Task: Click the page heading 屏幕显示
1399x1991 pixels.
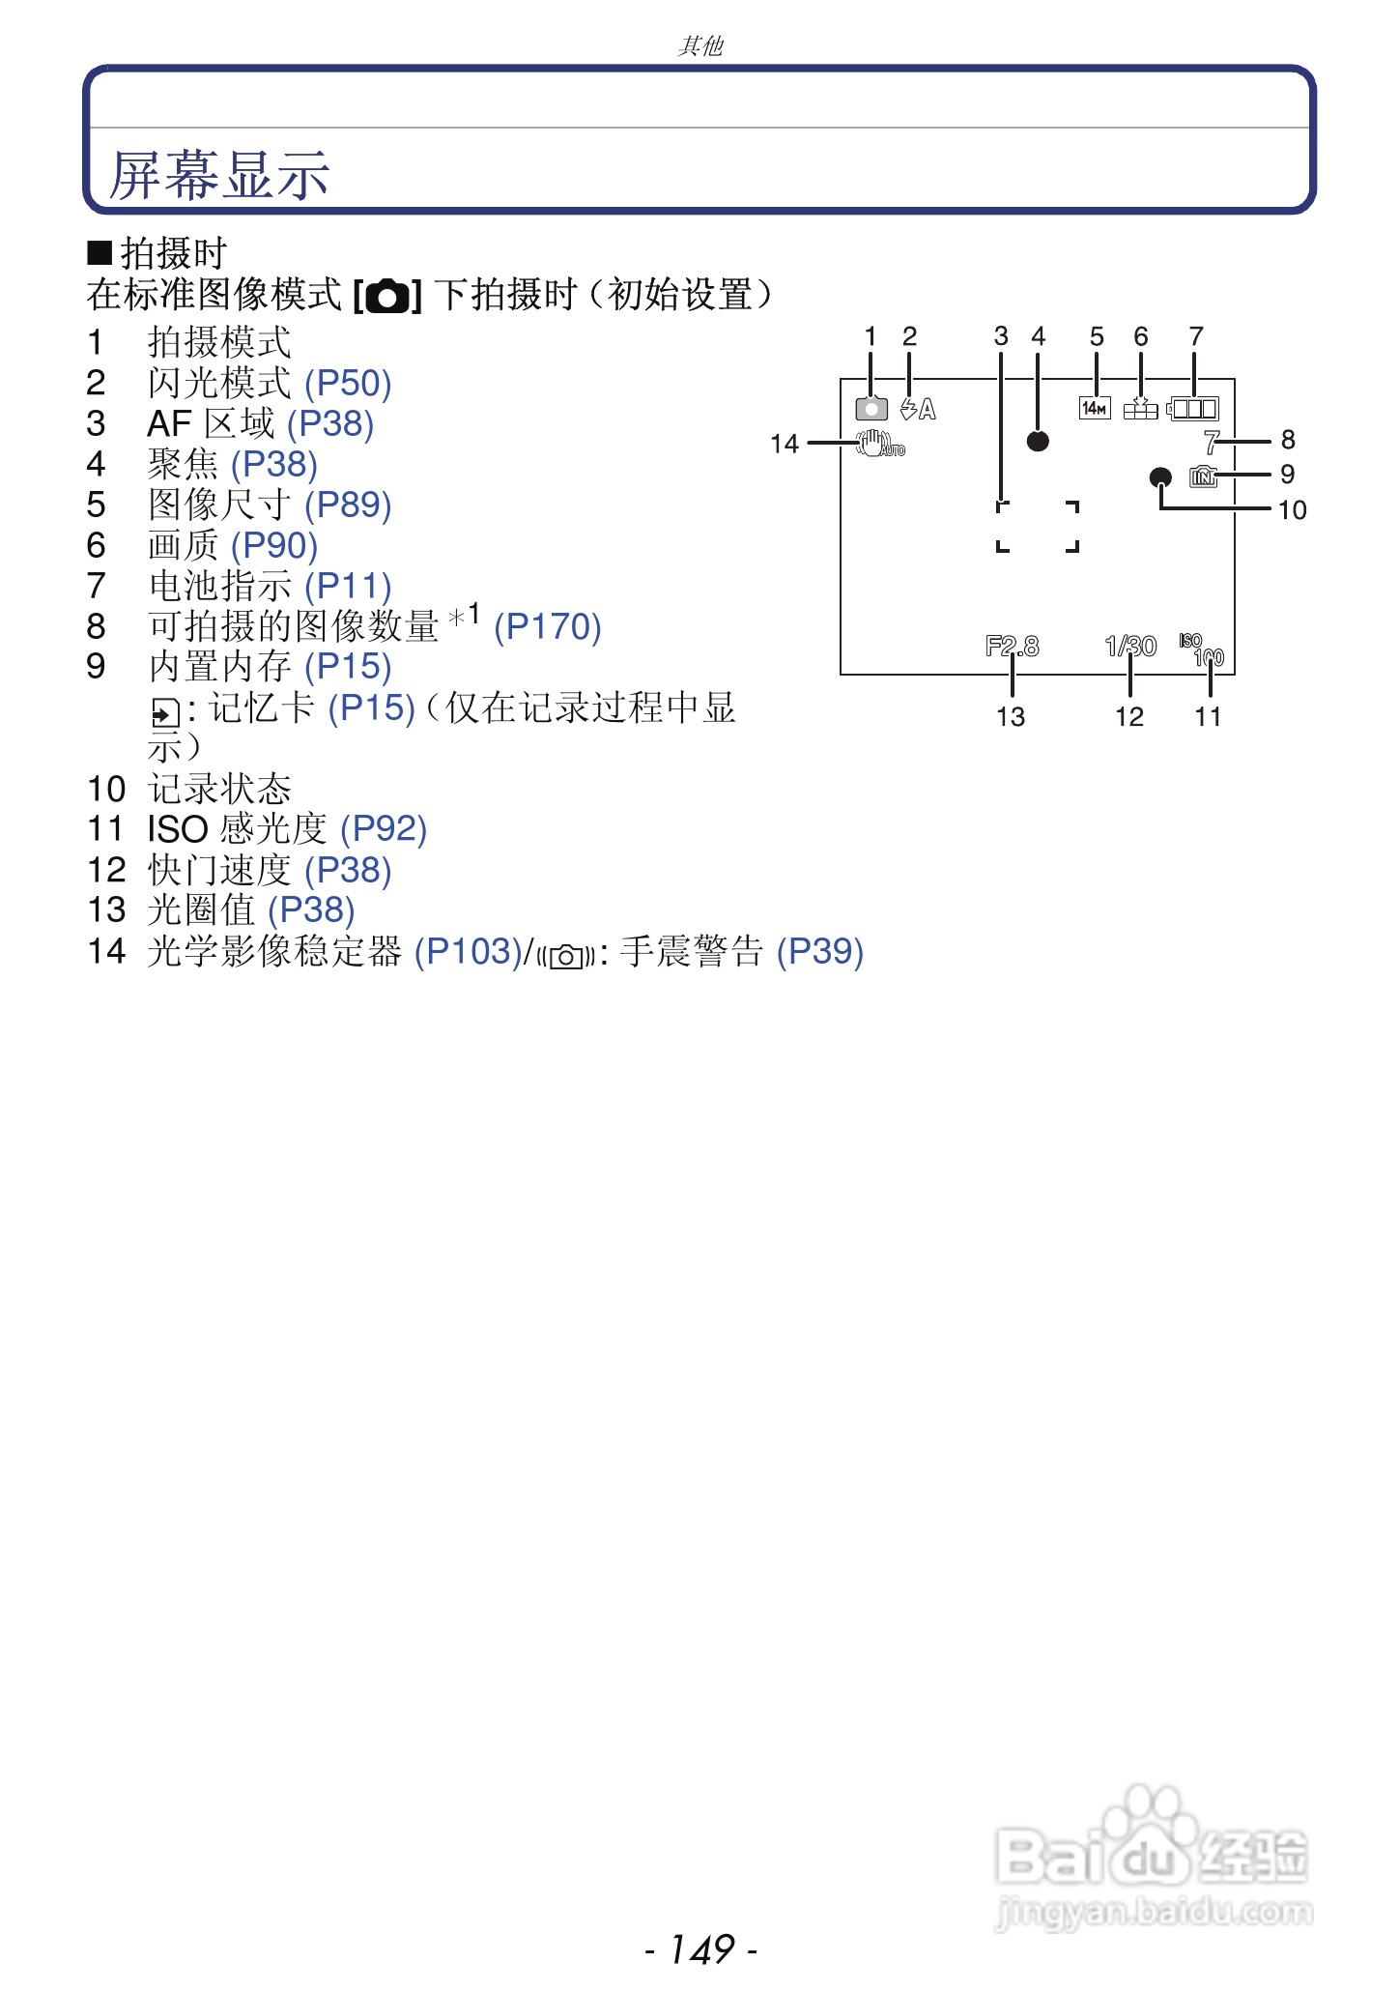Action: click(x=219, y=175)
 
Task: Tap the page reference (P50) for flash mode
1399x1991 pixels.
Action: click(x=348, y=384)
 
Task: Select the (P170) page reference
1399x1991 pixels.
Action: click(x=547, y=627)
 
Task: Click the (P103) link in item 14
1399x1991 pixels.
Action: click(x=468, y=952)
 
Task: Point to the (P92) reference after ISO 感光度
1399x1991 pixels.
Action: click(x=384, y=829)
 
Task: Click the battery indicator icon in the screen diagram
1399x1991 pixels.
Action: click(x=1193, y=409)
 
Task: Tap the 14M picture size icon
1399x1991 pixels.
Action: click(x=1095, y=409)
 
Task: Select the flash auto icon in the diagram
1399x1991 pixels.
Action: click(x=918, y=410)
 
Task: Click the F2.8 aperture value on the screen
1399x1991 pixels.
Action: click(x=1012, y=646)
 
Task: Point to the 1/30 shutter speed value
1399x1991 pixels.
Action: click(x=1130, y=646)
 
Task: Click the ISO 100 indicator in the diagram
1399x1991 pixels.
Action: click(x=1202, y=649)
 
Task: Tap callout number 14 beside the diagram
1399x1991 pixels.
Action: click(x=785, y=445)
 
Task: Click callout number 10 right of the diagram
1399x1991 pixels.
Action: click(x=1292, y=510)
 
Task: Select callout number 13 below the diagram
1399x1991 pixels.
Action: click(x=1011, y=717)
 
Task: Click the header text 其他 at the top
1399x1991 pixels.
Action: click(x=699, y=45)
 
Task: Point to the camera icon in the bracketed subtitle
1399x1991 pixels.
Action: click(x=388, y=296)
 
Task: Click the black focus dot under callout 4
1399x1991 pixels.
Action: click(x=1038, y=442)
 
